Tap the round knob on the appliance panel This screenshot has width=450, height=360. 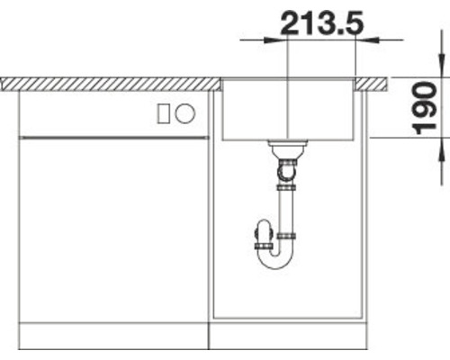point(184,113)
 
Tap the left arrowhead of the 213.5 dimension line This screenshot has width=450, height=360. point(279,39)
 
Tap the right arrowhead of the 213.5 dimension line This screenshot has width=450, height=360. point(363,39)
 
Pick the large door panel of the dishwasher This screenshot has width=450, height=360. point(112,229)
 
